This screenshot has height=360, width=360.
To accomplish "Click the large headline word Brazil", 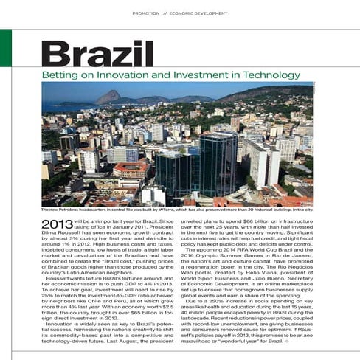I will [97, 53].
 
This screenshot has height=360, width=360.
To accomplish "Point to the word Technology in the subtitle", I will [263, 75].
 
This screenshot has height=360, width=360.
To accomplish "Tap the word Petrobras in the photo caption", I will [72, 210].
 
